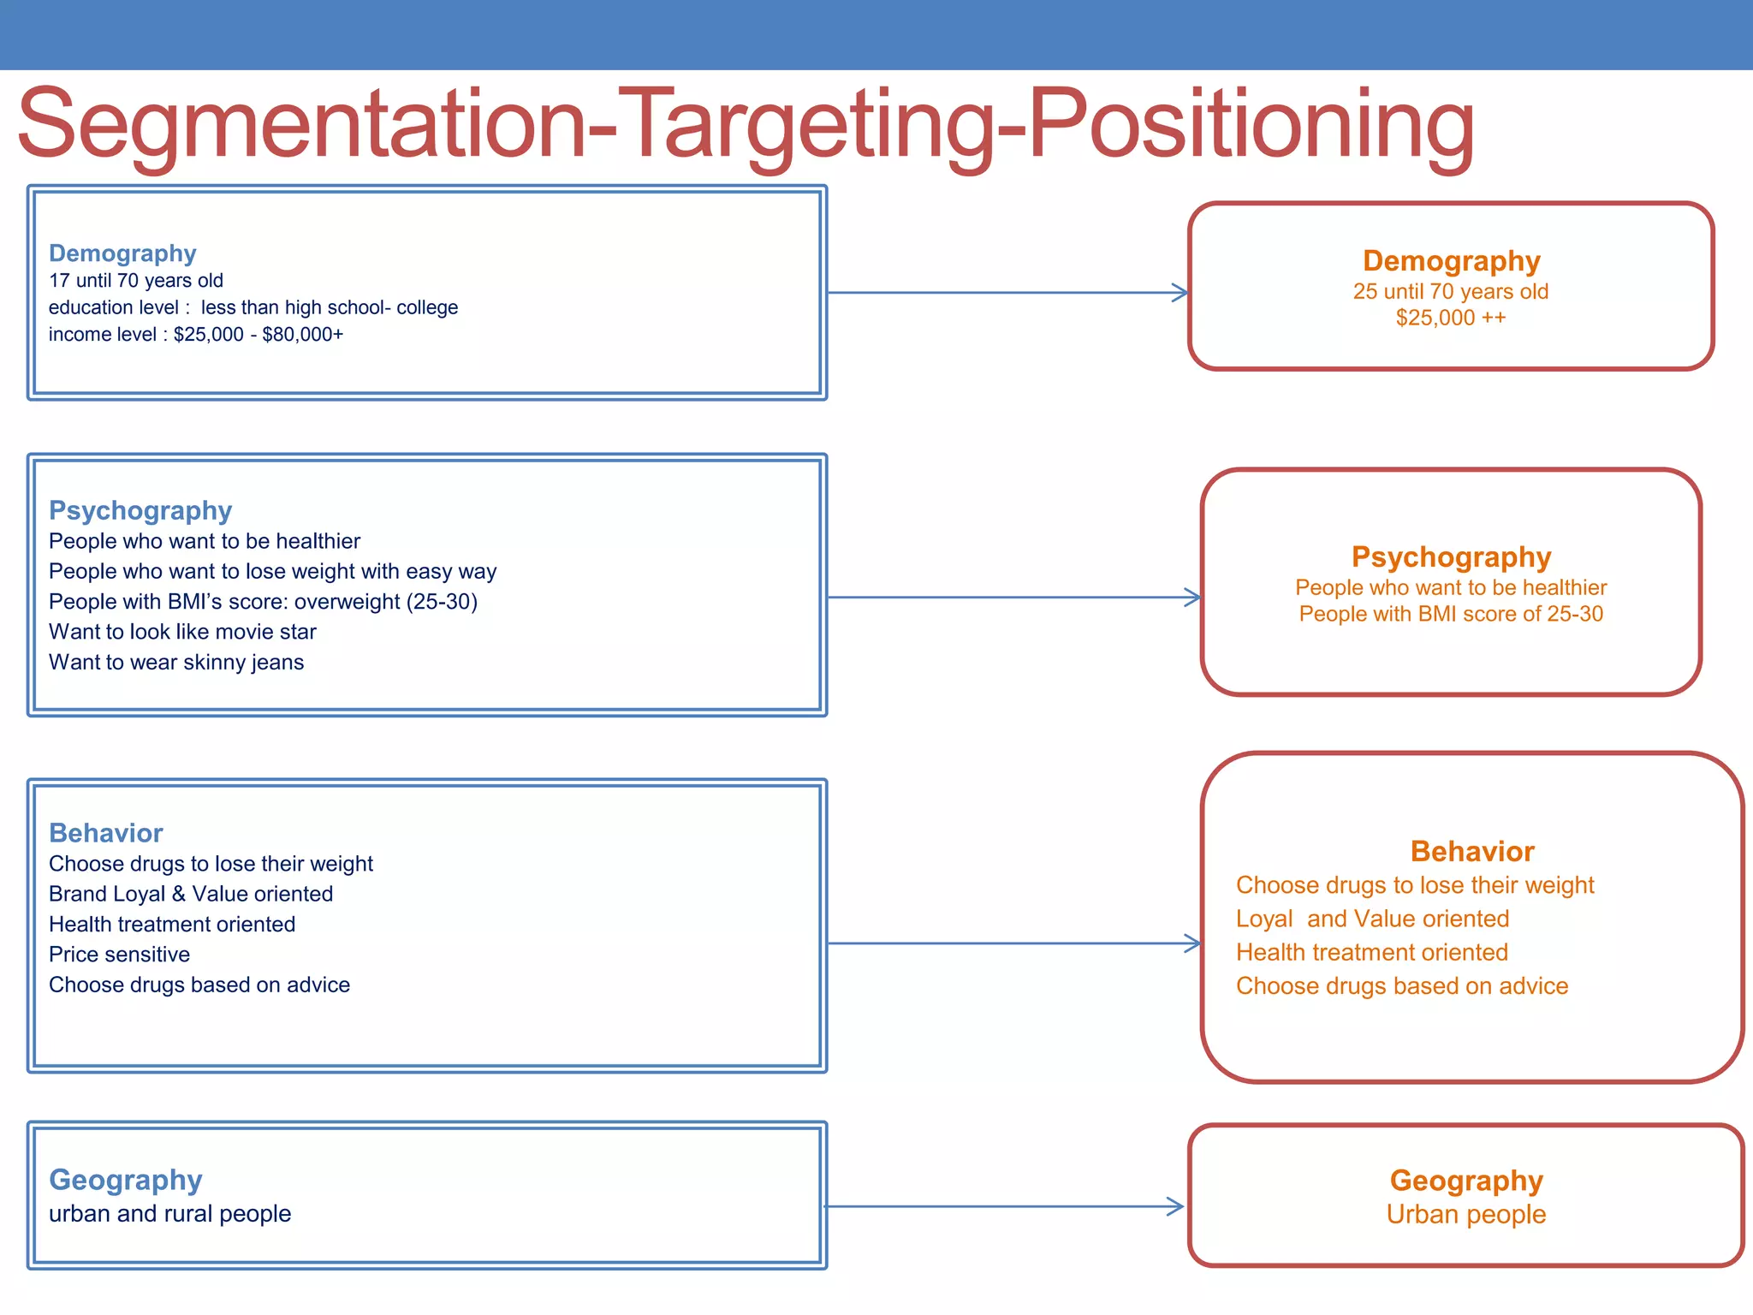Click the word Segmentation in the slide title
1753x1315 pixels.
tap(300, 124)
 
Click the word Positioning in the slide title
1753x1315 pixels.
tap(1250, 124)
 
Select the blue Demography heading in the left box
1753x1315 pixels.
tap(122, 253)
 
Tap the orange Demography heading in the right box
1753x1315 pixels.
tap(1451, 261)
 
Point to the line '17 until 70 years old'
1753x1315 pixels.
tap(135, 281)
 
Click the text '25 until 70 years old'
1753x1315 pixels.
tap(1450, 292)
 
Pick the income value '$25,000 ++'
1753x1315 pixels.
tap(1450, 318)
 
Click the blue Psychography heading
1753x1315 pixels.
tap(140, 510)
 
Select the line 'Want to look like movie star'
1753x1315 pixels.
tap(182, 632)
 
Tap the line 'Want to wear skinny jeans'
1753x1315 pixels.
tap(176, 663)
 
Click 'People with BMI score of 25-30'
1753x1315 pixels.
tap(1451, 614)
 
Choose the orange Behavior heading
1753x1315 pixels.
tap(1471, 852)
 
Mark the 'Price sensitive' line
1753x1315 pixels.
tap(119, 955)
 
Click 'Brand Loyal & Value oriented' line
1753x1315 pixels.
tap(191, 894)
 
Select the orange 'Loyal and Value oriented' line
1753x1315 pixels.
tap(1372, 919)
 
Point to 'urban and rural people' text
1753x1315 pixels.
tap(169, 1214)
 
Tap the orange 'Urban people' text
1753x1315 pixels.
tap(1465, 1215)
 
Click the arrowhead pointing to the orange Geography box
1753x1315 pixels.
tap(1177, 1207)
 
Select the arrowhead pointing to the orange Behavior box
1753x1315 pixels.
tap(1192, 943)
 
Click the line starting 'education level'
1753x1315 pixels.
tap(253, 307)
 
